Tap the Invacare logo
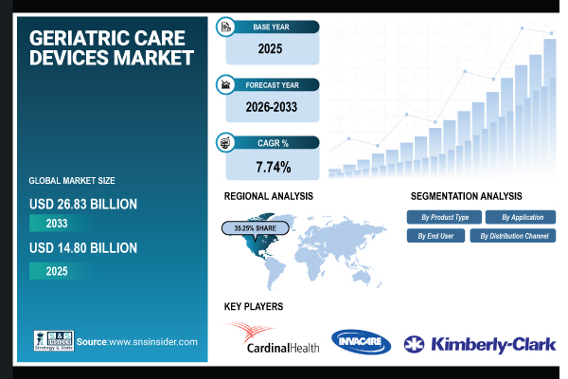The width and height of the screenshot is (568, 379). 361,341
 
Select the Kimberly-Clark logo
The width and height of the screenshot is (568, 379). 479,344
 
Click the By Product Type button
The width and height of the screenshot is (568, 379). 444,217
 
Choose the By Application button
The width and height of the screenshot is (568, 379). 524,217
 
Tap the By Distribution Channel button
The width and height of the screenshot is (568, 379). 514,235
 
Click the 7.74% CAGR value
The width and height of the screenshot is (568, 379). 273,168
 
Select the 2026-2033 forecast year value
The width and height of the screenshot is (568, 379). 273,107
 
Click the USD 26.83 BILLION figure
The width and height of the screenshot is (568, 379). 83,203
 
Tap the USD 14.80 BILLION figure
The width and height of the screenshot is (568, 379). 83,248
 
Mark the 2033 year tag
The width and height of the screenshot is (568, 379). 57,223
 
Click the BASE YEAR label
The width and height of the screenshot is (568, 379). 275,27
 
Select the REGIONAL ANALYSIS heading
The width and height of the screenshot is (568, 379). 268,196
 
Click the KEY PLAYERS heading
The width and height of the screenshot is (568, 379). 253,307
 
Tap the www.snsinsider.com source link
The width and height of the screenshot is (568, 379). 151,341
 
